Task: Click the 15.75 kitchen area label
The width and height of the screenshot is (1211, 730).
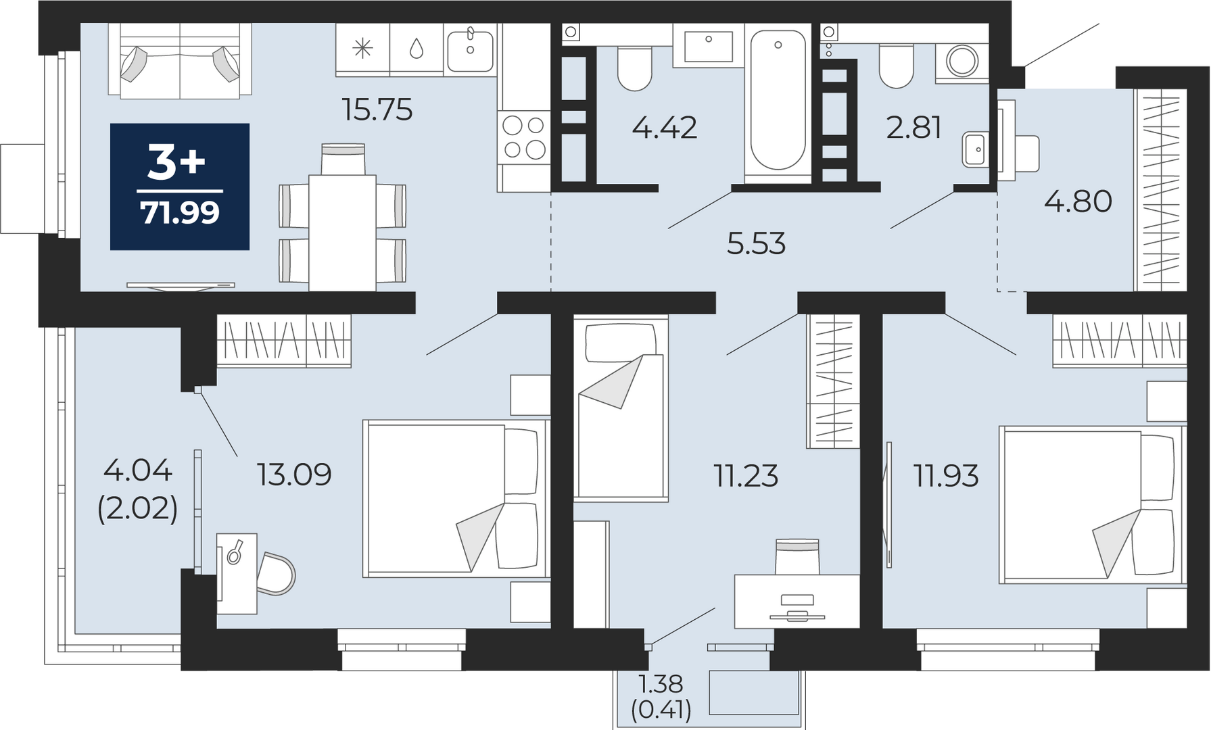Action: [377, 109]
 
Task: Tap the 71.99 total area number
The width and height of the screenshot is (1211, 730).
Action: [180, 213]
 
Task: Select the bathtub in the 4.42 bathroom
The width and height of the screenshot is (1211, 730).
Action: [778, 99]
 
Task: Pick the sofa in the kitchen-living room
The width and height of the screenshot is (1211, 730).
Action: [180, 61]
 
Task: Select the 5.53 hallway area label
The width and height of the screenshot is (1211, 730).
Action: [756, 243]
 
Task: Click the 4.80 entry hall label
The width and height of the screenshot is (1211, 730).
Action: [1078, 201]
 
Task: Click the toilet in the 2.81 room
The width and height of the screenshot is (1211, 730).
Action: [897, 66]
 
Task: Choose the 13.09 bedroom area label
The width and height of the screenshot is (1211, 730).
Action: [294, 474]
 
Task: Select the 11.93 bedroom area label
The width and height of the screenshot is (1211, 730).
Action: [946, 476]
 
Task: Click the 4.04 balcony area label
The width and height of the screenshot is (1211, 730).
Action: [137, 470]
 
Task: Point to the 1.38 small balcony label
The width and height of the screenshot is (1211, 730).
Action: [661, 684]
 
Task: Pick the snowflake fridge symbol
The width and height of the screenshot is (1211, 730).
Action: [363, 49]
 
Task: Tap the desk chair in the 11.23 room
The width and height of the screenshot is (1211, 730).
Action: [797, 556]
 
